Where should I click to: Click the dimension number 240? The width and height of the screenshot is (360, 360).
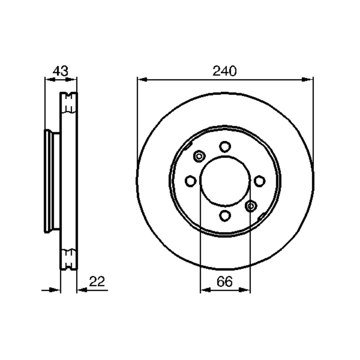224,71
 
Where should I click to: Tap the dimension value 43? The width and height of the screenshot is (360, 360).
61,71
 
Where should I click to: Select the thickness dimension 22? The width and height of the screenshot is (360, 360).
97,282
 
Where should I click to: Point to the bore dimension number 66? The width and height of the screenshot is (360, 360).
224,282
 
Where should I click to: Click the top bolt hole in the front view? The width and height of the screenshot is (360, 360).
225,147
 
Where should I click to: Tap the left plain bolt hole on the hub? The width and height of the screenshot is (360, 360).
190,181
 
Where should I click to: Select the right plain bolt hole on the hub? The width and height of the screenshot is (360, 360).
259,181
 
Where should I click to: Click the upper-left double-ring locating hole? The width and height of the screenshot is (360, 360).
199,156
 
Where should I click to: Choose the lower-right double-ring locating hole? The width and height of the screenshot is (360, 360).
250,206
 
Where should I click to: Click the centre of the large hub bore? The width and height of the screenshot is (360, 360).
225,181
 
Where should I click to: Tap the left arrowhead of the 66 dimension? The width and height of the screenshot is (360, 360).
205,290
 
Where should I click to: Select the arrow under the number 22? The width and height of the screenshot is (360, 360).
82,290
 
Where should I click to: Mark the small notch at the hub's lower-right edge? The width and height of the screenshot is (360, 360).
261,215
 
